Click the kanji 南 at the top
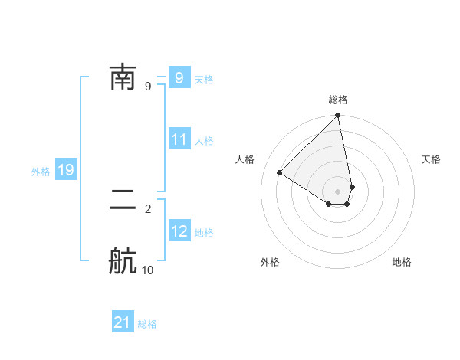coord(123,77)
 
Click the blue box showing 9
coord(179,78)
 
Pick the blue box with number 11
coord(179,140)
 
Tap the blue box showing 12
coord(179,232)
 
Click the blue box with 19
coord(66,171)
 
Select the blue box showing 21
coord(123,323)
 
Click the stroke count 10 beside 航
coord(148,270)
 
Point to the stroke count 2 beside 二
coord(148,208)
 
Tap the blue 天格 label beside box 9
coord(204,80)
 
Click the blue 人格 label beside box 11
coord(204,141)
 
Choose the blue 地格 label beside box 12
coord(204,233)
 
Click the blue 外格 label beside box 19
coord(41,172)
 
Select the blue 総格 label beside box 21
coord(147,324)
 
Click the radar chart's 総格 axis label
coord(338,100)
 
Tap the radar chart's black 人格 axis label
coord(245,159)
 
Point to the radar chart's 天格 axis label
coord(431,159)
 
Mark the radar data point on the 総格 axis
coord(338,116)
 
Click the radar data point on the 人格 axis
coord(279,172)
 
